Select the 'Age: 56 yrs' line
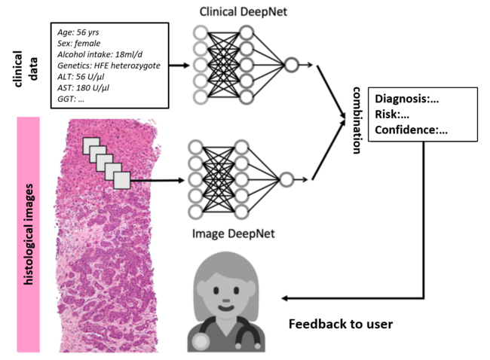pos(78,32)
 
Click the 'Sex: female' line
pos(78,44)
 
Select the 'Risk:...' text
pos(391,114)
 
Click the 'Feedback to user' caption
pos(340,325)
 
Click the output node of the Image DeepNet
pos(286,179)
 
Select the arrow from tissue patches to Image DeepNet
pos(158,179)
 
